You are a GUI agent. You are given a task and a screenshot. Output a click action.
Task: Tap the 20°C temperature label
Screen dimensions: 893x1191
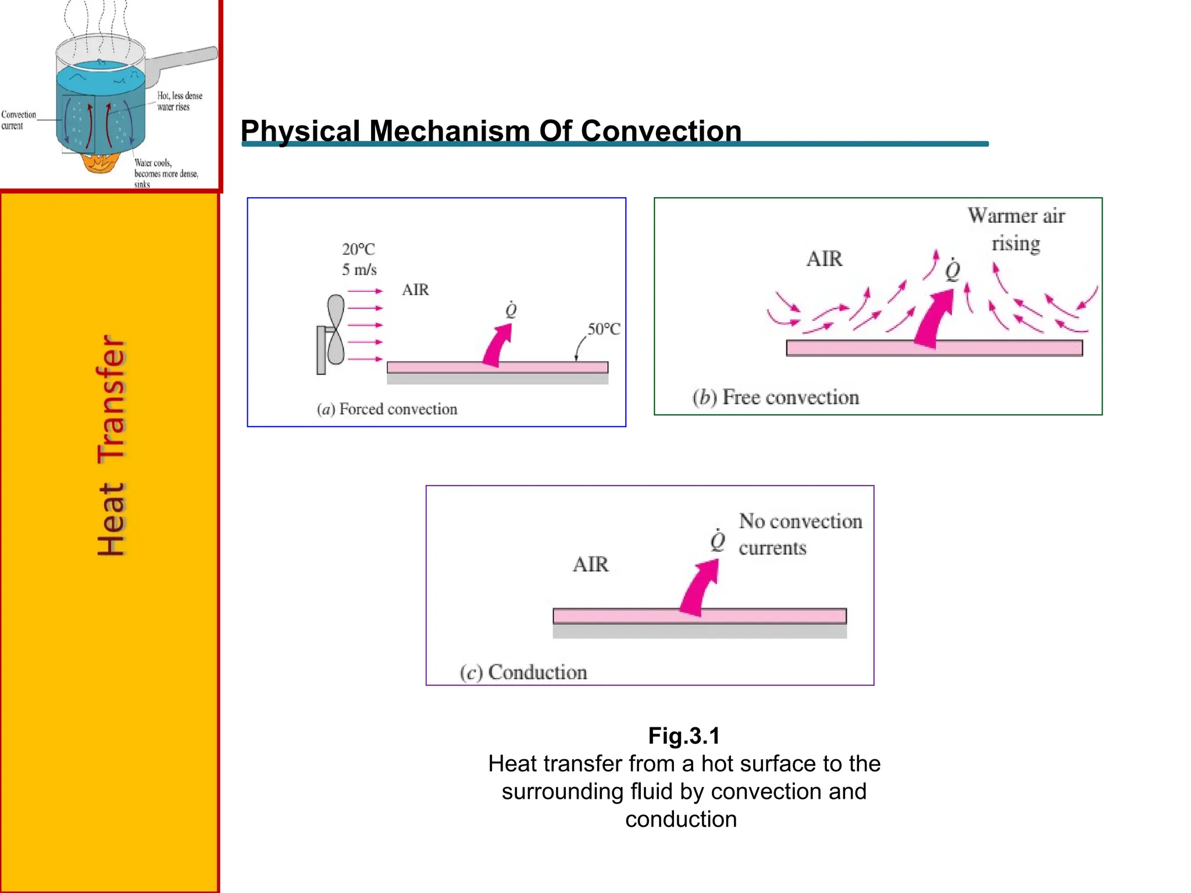point(358,249)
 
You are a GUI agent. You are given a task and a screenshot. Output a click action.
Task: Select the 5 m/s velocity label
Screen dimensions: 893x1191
point(359,270)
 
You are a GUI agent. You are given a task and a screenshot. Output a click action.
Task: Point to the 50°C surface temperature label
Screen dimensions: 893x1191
point(604,329)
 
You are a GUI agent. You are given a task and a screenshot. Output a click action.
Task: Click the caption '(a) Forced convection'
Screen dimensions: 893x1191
point(387,409)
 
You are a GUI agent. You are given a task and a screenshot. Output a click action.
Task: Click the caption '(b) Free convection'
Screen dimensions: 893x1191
point(775,398)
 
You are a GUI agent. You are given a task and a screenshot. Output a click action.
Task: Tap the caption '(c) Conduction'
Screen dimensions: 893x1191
point(523,673)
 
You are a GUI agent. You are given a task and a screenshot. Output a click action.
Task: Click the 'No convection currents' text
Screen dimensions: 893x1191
point(800,534)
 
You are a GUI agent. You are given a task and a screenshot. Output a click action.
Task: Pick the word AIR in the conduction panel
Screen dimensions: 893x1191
point(590,565)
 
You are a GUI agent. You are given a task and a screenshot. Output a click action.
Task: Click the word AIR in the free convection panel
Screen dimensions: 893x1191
point(824,259)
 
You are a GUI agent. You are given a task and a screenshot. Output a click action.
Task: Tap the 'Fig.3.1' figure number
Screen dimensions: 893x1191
point(684,736)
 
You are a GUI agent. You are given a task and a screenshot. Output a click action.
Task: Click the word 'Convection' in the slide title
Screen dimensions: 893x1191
point(661,131)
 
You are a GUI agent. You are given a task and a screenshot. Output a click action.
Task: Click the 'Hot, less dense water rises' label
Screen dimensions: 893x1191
point(179,101)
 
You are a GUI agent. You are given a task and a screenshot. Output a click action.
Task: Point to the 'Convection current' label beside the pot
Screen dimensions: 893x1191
point(18,120)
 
